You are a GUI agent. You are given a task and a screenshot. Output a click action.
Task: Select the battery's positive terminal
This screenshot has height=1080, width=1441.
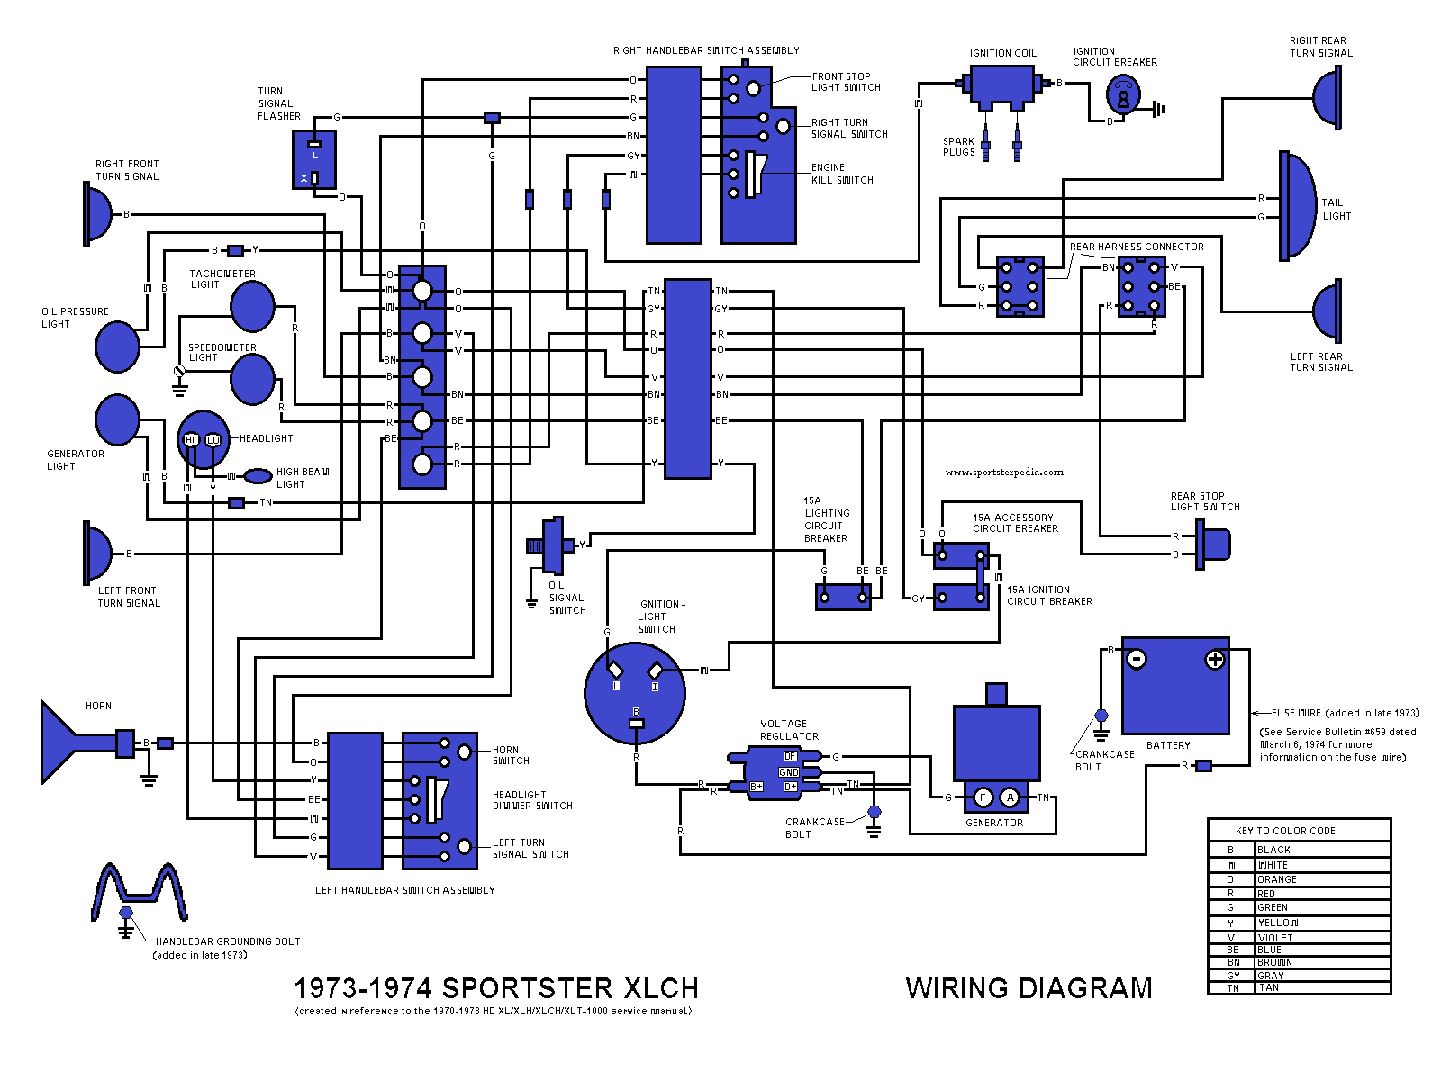click(1215, 660)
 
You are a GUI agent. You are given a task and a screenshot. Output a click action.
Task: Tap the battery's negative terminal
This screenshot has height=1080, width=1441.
click(1137, 660)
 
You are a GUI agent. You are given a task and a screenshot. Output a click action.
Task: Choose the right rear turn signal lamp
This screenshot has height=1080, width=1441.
click(1328, 97)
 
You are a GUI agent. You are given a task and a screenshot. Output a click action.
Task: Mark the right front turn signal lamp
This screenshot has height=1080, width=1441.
click(97, 214)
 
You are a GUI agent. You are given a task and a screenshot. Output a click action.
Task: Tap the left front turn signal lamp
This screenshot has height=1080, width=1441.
click(97, 553)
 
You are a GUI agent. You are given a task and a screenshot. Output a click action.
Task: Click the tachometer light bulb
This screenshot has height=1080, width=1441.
click(252, 307)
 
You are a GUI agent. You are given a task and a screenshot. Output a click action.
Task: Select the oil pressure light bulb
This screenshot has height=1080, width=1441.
click(117, 346)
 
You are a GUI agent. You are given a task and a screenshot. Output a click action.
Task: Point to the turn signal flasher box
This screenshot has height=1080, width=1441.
click(314, 159)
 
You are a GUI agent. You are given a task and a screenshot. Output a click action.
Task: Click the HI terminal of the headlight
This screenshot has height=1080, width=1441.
click(191, 439)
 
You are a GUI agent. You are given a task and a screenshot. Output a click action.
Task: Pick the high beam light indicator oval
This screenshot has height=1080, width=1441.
click(259, 475)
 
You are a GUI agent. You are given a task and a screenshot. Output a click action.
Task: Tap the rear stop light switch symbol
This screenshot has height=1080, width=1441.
click(1214, 544)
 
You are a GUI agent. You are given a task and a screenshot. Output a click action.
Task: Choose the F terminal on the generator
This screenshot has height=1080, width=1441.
click(983, 797)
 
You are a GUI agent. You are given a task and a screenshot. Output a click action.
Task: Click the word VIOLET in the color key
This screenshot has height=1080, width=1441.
click(1275, 938)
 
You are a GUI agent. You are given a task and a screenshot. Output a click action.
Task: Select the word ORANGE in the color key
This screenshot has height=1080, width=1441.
click(1277, 879)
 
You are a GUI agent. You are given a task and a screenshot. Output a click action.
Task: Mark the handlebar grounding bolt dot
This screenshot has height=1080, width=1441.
click(126, 913)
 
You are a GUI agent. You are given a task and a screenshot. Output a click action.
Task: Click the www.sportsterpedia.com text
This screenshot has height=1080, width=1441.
click(1004, 472)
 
